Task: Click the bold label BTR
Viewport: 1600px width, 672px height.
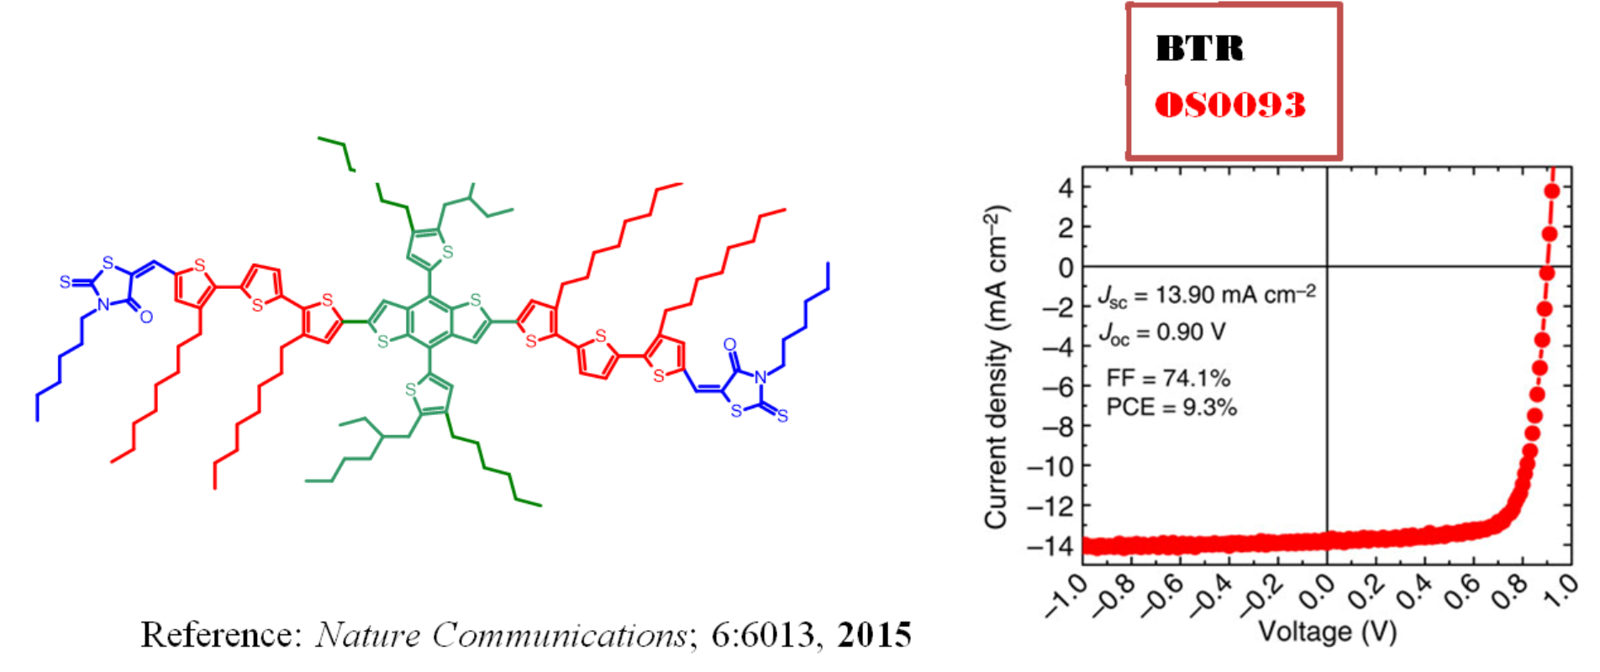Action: pos(1199,49)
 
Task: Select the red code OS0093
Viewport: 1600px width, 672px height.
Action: pos(1230,105)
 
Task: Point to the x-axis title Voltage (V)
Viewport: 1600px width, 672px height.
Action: pos(1327,633)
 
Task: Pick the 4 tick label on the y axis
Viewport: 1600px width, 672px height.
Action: pos(1066,187)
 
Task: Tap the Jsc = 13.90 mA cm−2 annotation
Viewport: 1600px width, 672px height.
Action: pos(1207,295)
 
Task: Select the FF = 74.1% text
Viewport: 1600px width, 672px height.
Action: pos(1168,378)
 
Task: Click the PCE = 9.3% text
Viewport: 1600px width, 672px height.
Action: pos(1171,407)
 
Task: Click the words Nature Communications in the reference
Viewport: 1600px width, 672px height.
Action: pos(501,635)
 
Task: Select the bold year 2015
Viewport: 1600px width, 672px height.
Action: pos(874,635)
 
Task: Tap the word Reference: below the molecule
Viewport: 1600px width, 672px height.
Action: pos(220,635)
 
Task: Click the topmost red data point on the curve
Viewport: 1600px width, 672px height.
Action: pos(1551,191)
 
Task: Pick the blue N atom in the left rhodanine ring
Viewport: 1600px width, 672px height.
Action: pos(103,304)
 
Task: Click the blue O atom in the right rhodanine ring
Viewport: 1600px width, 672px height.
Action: pos(729,344)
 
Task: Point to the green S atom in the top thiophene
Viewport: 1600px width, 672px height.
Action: pos(447,251)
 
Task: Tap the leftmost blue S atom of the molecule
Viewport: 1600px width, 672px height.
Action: pos(65,282)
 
